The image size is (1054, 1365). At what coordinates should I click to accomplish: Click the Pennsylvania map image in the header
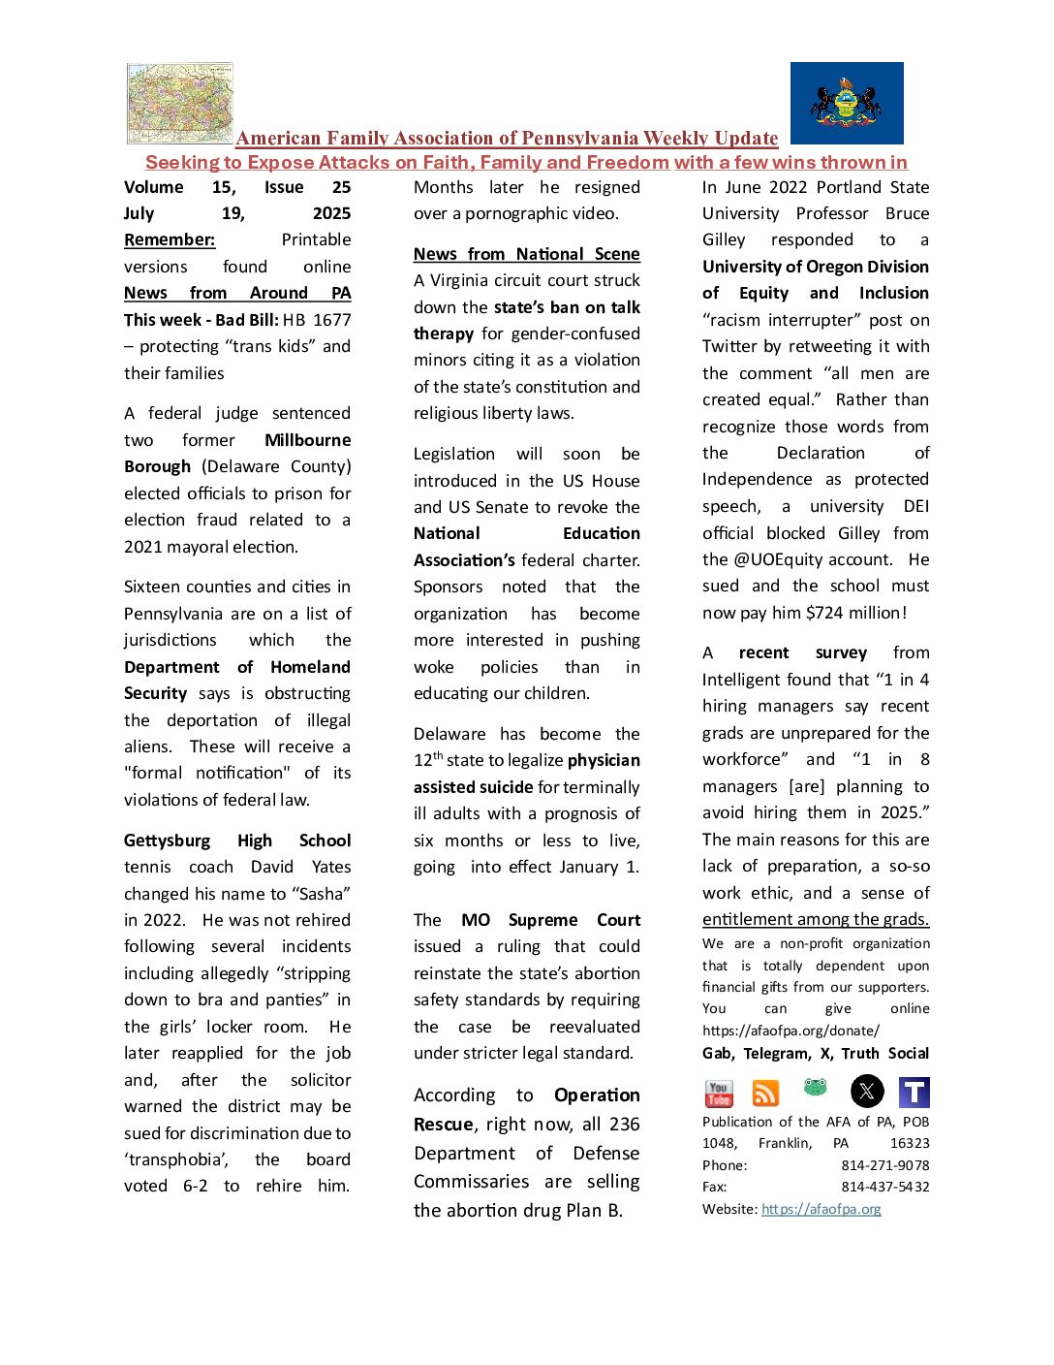[180, 103]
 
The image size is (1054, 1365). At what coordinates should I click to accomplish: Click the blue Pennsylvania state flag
[847, 103]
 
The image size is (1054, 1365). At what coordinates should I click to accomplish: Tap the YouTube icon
[719, 1093]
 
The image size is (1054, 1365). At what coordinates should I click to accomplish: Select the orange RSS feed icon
[766, 1094]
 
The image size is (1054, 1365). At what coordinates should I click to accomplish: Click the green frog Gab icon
[816, 1088]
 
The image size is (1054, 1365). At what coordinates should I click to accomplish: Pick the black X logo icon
[867, 1092]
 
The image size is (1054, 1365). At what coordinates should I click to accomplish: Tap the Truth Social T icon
[914, 1093]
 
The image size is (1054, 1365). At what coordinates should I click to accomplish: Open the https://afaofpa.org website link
[821, 1209]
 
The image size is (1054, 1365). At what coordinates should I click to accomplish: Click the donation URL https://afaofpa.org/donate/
[790, 1031]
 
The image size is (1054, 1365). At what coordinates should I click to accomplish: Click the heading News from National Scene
[526, 254]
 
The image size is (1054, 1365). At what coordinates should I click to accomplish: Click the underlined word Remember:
[170, 239]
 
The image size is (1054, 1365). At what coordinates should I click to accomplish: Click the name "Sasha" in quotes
[321, 894]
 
